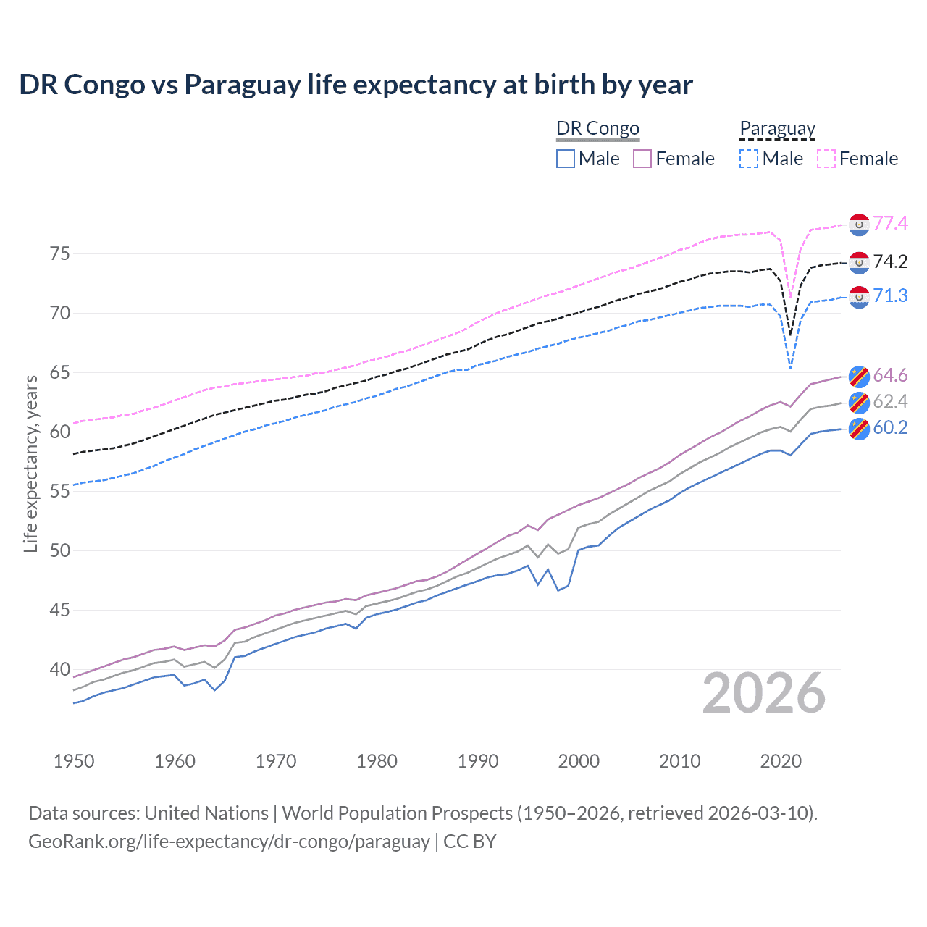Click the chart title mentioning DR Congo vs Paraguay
(x=356, y=85)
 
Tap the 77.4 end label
(x=890, y=223)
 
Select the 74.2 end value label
(x=890, y=261)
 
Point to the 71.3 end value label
(x=890, y=295)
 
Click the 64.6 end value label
(x=890, y=375)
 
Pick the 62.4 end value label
(x=890, y=401)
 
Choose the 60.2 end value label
(x=890, y=427)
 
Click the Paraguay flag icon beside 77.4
(x=859, y=225)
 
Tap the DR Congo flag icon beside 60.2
(x=859, y=429)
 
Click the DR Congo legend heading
(x=597, y=128)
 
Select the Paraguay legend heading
(x=777, y=128)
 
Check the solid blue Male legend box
(x=566, y=159)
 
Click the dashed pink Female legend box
(x=826, y=159)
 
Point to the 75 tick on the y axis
(x=59, y=253)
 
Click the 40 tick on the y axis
(x=59, y=669)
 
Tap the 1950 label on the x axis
(x=74, y=761)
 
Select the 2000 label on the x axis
(x=579, y=761)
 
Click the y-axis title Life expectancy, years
(x=30, y=463)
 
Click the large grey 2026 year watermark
(x=764, y=693)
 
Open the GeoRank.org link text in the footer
(x=229, y=842)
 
